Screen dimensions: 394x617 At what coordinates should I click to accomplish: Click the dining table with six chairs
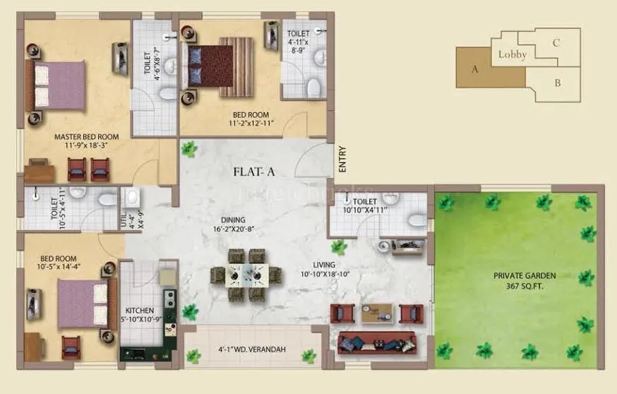click(x=246, y=275)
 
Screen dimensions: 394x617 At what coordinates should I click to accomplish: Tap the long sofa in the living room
click(x=377, y=342)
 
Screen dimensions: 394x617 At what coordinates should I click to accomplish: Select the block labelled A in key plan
click(x=474, y=68)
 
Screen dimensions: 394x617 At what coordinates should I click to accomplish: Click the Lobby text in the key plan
click(x=512, y=55)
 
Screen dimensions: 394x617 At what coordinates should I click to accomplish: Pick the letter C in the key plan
click(x=556, y=43)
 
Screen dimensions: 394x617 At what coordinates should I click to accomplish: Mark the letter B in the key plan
click(x=557, y=83)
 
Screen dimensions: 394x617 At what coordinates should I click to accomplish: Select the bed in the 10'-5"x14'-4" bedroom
click(x=81, y=303)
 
